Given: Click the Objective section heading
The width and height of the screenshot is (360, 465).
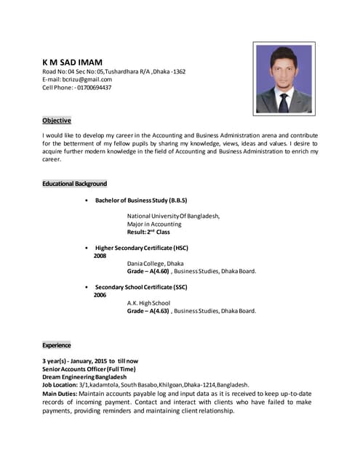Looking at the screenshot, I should pos(57,120).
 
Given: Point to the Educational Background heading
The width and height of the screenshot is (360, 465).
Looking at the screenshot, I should pos(75,184).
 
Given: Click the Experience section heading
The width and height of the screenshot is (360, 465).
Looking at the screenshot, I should pos(57,346).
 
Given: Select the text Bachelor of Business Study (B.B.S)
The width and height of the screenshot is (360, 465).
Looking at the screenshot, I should pos(141,200).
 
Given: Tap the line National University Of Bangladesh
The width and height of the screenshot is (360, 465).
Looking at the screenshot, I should pos(173,216).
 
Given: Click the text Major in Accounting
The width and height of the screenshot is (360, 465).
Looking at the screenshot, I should pos(154,224).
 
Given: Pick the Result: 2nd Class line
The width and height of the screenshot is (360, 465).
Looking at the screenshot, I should pos(148,232).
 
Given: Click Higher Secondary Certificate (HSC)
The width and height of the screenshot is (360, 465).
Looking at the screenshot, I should pos(142,248).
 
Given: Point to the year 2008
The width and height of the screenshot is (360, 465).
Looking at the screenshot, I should pos(100,256).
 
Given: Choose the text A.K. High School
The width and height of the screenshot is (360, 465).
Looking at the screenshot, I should pos(148,303).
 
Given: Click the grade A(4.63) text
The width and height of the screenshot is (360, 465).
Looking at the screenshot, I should pos(158,311).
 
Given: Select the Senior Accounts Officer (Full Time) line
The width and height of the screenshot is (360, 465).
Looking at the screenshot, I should pos(89,369).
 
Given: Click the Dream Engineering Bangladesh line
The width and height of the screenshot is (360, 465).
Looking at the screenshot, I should pos(84,377).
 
